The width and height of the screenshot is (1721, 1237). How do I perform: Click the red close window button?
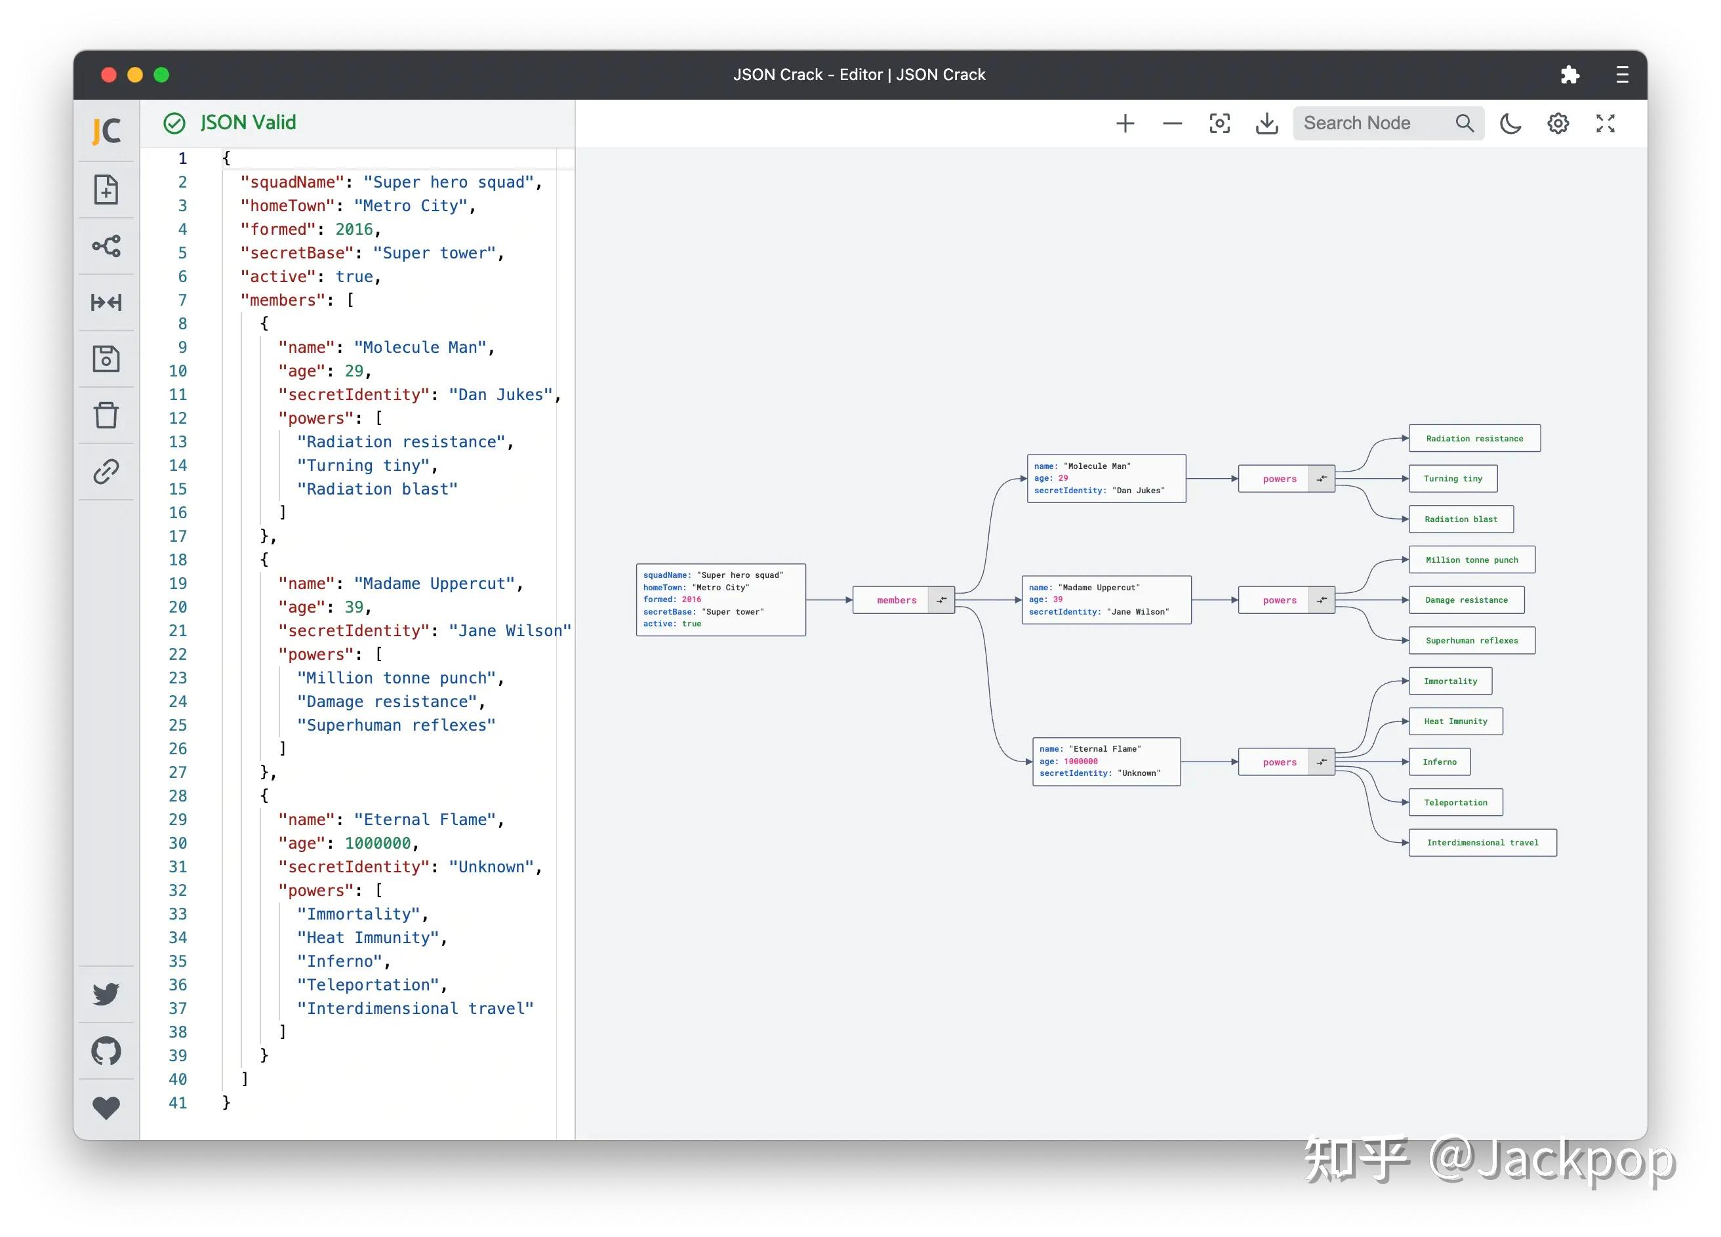[108, 74]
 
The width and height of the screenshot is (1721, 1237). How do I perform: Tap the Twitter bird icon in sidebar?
[106, 994]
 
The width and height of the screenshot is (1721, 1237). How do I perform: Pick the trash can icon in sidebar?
[106, 415]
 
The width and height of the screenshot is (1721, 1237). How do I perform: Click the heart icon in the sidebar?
[106, 1107]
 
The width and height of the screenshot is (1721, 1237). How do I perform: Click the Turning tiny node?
[1452, 479]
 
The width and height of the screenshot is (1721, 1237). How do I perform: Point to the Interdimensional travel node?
[1482, 842]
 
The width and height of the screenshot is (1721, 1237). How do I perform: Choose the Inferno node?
[1439, 762]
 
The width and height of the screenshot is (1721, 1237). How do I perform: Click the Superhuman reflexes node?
[1471, 641]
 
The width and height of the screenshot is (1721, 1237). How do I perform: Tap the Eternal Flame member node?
[1106, 761]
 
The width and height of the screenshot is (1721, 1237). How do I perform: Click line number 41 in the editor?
[178, 1103]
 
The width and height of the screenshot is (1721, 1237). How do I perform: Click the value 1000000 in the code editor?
[377, 843]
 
